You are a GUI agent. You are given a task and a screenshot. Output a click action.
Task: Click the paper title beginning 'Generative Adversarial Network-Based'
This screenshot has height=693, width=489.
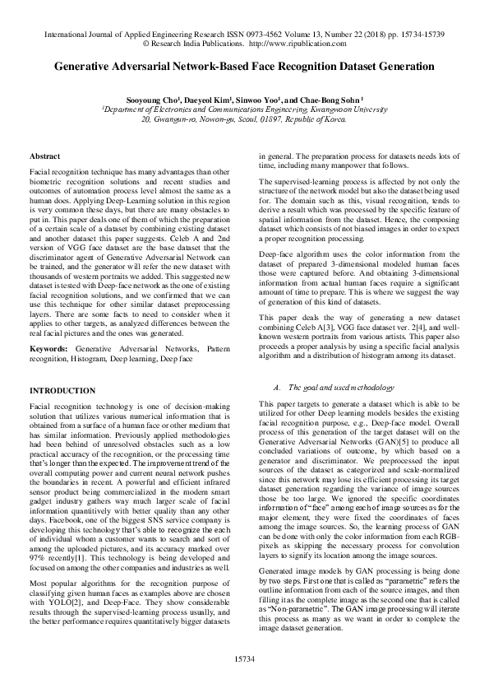[x=244, y=70]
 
